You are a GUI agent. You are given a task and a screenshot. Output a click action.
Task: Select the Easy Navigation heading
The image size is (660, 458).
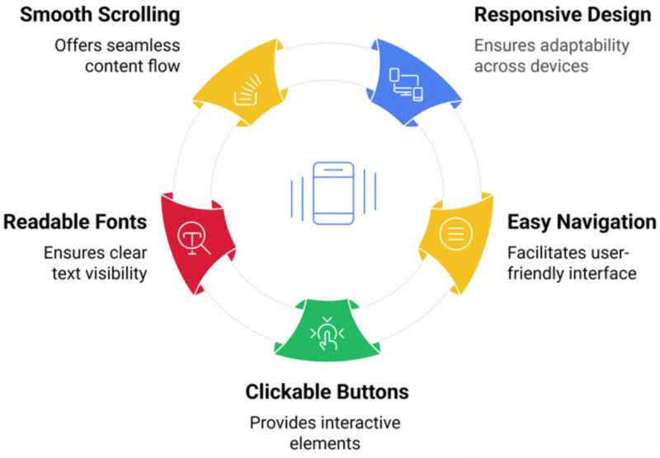tap(582, 222)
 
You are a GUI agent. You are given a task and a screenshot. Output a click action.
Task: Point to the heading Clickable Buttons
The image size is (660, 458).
tap(327, 390)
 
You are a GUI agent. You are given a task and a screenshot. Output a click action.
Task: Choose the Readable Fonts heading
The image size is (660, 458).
tap(75, 222)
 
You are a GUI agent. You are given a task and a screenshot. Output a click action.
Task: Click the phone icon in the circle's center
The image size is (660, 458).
tap(332, 194)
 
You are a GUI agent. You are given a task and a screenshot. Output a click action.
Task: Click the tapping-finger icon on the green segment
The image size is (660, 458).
tap(328, 333)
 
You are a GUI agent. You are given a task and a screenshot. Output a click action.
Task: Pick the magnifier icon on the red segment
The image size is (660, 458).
tap(195, 240)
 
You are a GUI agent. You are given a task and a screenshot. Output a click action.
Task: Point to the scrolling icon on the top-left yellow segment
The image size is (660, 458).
tap(248, 90)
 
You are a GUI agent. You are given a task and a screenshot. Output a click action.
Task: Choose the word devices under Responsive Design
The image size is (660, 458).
tap(560, 66)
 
